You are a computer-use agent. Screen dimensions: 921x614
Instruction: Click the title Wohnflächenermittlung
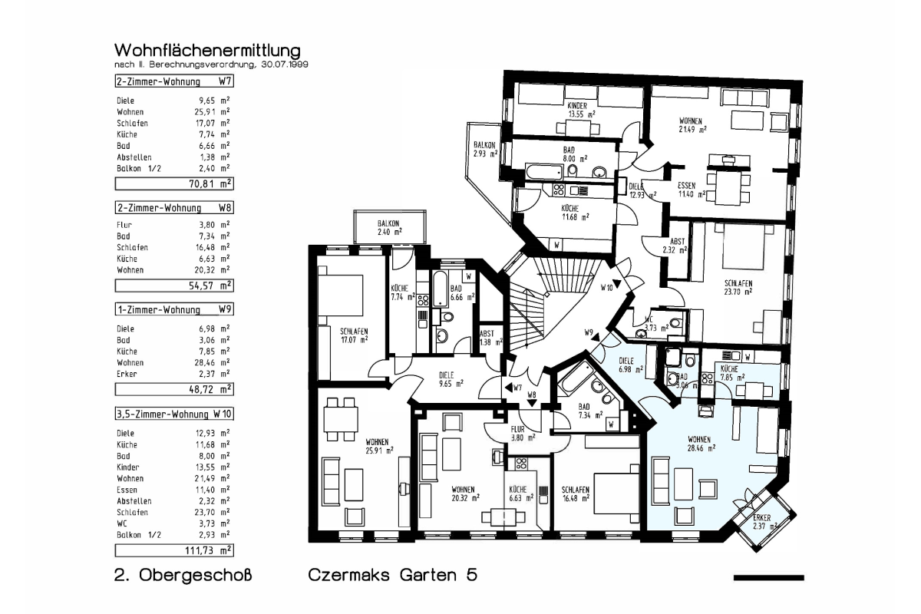coord(208,51)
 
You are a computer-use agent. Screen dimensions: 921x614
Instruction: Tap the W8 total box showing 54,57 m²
coord(174,286)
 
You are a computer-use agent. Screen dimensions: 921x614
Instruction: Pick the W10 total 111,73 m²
coord(209,550)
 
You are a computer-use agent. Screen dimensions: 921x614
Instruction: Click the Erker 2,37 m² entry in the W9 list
coord(173,374)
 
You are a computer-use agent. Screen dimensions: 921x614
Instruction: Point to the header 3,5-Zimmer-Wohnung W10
coord(174,414)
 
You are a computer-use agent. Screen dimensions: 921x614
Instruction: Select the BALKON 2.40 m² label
coord(389,227)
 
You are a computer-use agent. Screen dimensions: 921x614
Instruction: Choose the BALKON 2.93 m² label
coord(485,150)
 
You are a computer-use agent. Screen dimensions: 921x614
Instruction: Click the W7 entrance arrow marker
coord(508,388)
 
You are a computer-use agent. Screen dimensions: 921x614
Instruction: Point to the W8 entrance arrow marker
coord(532,403)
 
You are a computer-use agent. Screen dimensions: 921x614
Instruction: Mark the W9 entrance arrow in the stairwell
coord(596,338)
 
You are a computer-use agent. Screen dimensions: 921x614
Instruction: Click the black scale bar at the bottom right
coord(769,578)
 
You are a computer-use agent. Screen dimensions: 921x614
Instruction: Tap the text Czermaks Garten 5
coord(393,575)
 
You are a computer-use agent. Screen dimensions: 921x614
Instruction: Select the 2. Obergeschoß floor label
coord(183,575)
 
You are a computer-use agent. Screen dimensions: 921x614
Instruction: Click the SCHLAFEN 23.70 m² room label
coord(738,288)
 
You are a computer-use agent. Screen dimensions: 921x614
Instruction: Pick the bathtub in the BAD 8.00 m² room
coord(543,171)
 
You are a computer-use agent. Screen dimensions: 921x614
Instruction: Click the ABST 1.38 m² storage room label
coord(491,338)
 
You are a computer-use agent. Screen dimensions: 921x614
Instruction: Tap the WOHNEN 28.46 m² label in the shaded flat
coord(701,444)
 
